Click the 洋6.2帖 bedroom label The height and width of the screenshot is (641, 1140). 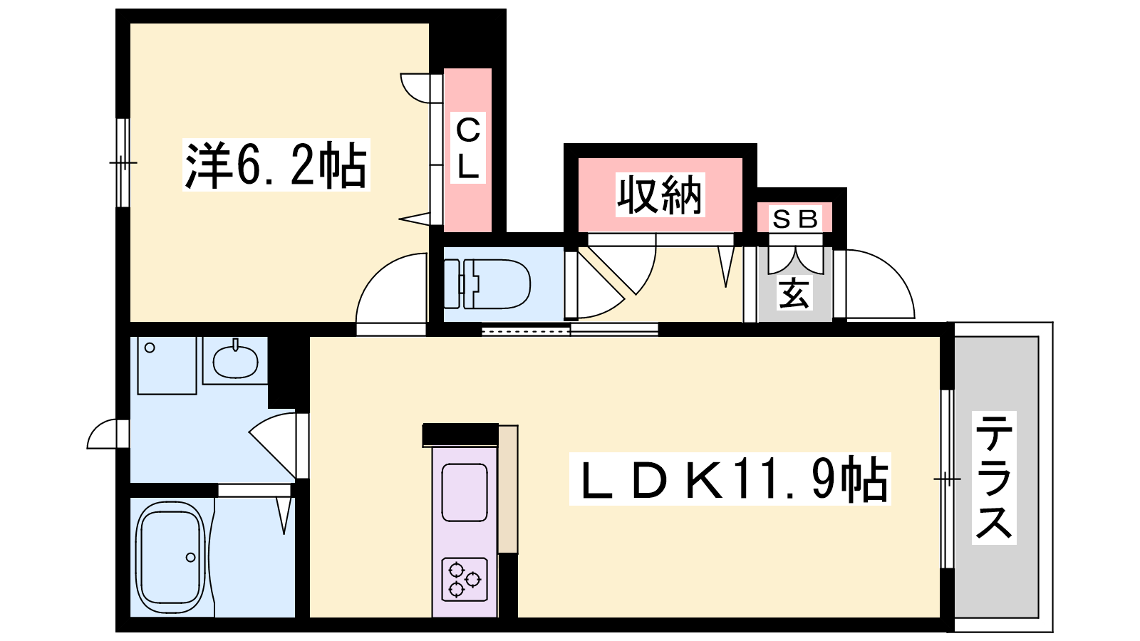tap(276, 165)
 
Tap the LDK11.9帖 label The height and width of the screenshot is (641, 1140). tap(730, 479)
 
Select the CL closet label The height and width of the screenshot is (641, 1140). tap(467, 148)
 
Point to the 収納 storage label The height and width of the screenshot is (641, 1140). tap(660, 195)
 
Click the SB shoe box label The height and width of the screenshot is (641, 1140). tap(794, 219)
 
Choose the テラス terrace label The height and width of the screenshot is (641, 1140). tap(994, 478)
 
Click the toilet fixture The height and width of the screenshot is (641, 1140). tap(487, 284)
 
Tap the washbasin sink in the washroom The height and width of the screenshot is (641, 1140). tap(235, 361)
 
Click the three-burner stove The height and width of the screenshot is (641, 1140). tap(465, 580)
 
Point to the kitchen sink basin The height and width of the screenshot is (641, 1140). tap(464, 492)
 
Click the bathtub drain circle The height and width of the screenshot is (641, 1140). tap(191, 558)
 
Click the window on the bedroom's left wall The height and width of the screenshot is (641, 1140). tap(123, 163)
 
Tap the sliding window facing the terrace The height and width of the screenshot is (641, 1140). tap(947, 479)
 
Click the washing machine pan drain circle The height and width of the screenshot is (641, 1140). tap(150, 348)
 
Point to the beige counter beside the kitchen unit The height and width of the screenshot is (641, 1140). tap(508, 489)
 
